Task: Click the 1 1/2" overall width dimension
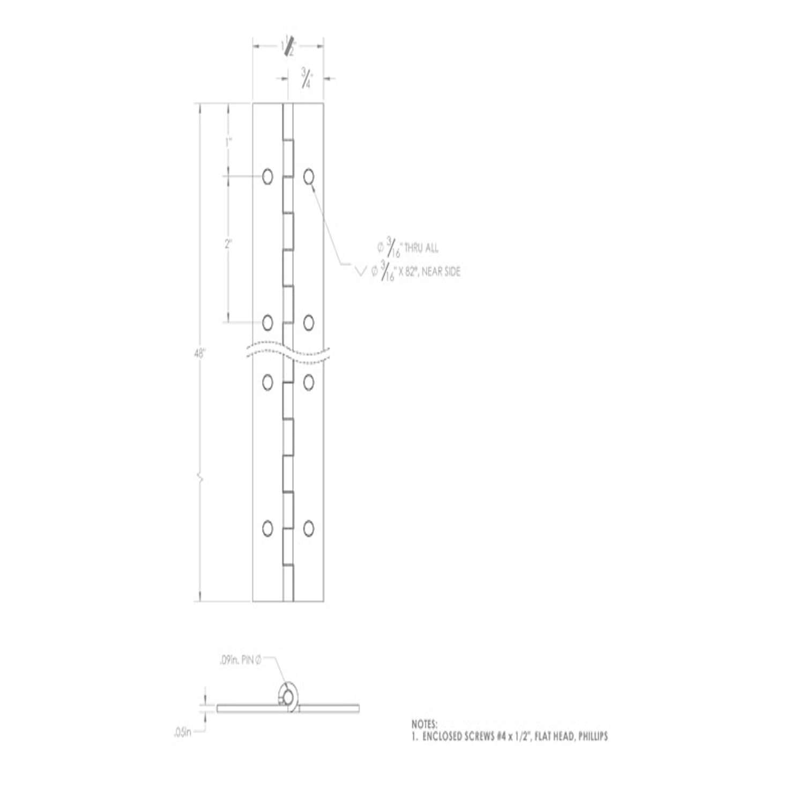point(288,47)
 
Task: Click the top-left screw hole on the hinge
point(267,176)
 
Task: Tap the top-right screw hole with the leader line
point(308,176)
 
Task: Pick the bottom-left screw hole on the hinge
point(267,528)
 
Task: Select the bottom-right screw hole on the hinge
point(308,528)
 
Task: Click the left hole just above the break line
point(267,323)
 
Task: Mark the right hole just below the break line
point(308,382)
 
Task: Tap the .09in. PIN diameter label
point(240,662)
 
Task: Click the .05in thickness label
point(182,732)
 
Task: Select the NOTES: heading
point(425,724)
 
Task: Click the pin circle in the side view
point(289,697)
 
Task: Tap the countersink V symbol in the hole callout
point(361,272)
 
